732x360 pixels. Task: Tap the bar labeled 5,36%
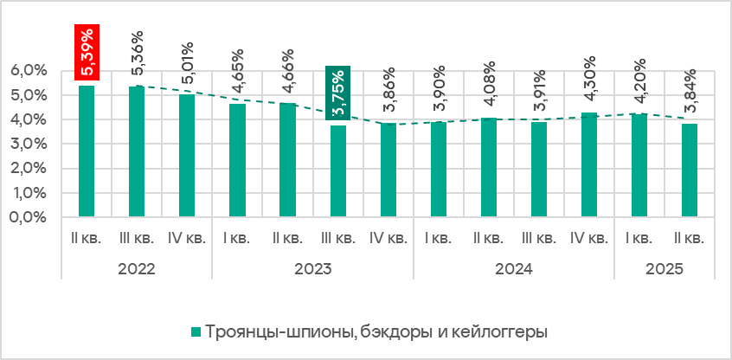(x=137, y=151)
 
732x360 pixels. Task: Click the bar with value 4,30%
(x=589, y=164)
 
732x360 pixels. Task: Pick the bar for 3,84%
(x=690, y=170)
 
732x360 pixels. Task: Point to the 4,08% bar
(x=489, y=166)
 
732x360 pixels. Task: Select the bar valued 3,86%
(x=388, y=169)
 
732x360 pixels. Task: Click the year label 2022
(x=136, y=268)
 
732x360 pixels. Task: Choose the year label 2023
(x=312, y=268)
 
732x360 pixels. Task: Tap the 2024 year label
(x=513, y=268)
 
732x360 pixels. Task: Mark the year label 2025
(x=664, y=268)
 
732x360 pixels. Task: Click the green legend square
(x=196, y=332)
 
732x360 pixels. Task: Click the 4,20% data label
(x=639, y=78)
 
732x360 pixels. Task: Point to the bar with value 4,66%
(x=287, y=159)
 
